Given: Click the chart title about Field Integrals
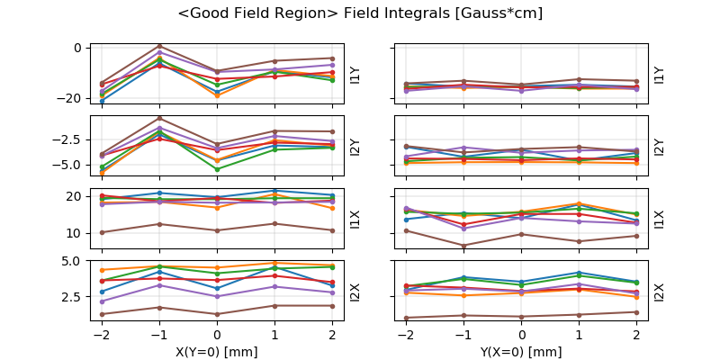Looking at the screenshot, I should pos(360,13).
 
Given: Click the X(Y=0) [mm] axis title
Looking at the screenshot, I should pos(217,352).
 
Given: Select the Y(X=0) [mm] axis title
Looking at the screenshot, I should pos(522,352).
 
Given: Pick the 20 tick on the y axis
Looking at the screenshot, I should pos(76,196).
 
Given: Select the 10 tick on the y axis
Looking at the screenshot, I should pos(76,233).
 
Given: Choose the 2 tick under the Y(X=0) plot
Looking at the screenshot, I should pos(636,334).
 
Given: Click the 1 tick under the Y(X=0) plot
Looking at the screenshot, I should pos(580,334).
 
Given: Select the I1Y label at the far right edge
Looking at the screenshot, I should pos(659,75).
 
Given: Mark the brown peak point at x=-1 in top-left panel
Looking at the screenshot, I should pos(159,46).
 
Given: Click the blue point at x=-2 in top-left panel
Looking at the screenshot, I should pos(102,101).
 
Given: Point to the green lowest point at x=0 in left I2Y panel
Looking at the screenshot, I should pos(217,169).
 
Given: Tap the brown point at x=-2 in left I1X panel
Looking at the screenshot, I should pos(102,232).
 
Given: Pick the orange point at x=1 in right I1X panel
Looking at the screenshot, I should pos(580,203).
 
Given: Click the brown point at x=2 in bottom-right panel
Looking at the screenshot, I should pos(636,312).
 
